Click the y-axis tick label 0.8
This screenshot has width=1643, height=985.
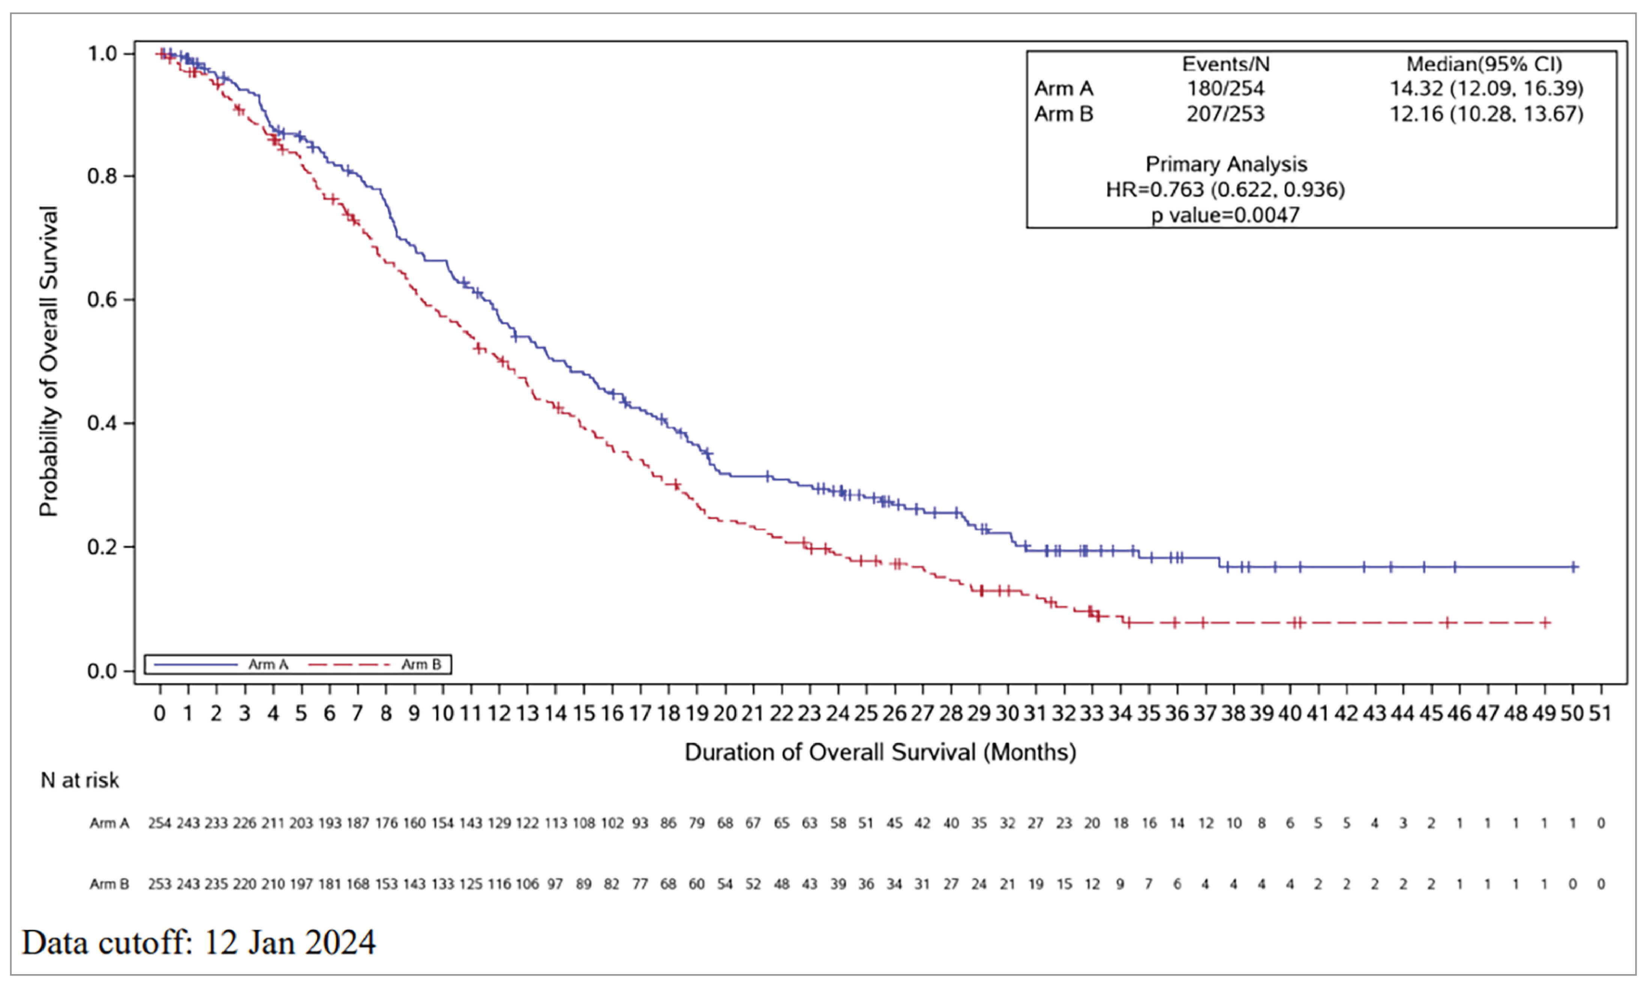(x=103, y=177)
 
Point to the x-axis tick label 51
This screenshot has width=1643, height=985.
(x=1601, y=714)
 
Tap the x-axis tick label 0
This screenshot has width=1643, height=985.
(x=160, y=714)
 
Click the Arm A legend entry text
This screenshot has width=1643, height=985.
(x=268, y=665)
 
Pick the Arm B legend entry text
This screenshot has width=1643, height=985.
(x=421, y=665)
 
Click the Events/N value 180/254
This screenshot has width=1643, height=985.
(x=1225, y=88)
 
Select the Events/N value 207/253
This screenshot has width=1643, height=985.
(x=1225, y=114)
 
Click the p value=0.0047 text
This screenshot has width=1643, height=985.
(x=1225, y=215)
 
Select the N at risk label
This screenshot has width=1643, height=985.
(x=80, y=781)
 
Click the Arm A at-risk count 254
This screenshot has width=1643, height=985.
(x=159, y=824)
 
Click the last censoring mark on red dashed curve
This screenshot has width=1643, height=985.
(x=1545, y=623)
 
